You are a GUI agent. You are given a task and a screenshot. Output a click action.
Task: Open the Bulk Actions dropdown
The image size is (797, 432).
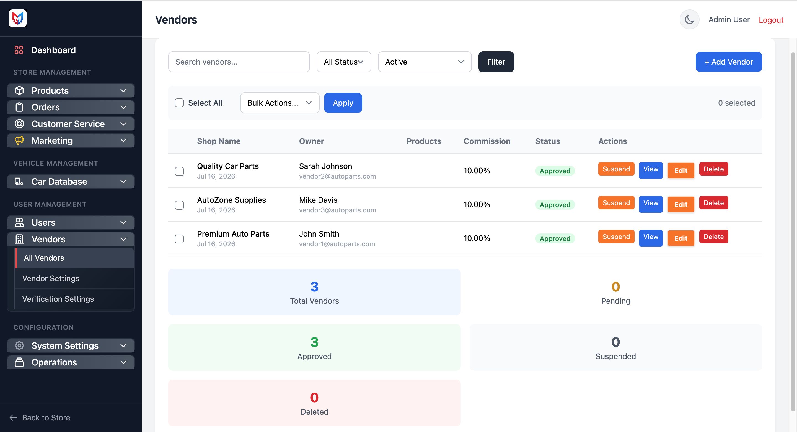tap(280, 103)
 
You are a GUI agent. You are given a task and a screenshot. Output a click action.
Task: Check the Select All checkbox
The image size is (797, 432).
tap(179, 103)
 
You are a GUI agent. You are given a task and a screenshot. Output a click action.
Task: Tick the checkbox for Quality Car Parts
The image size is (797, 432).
tap(179, 171)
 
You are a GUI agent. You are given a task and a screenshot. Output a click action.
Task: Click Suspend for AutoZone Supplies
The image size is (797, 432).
tap(616, 203)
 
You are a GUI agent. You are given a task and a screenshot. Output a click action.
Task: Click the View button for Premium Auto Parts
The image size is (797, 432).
tap(651, 237)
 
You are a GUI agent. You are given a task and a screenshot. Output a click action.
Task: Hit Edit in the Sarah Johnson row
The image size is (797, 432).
tap(681, 171)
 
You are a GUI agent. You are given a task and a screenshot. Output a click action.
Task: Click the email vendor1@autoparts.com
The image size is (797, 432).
tap(337, 244)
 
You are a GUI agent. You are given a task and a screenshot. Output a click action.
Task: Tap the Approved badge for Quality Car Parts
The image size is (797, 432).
tap(555, 171)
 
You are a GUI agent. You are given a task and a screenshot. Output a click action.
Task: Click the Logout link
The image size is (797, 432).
tap(771, 20)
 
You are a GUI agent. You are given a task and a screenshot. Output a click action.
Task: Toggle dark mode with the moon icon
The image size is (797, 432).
tap(689, 19)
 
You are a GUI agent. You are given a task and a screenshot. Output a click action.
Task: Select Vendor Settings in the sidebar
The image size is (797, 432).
tap(51, 278)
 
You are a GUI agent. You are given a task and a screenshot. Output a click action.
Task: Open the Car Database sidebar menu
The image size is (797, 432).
tap(71, 181)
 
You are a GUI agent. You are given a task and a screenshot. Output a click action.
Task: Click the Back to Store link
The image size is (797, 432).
tap(40, 417)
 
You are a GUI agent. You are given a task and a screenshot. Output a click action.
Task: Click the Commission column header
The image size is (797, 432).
tap(487, 141)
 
